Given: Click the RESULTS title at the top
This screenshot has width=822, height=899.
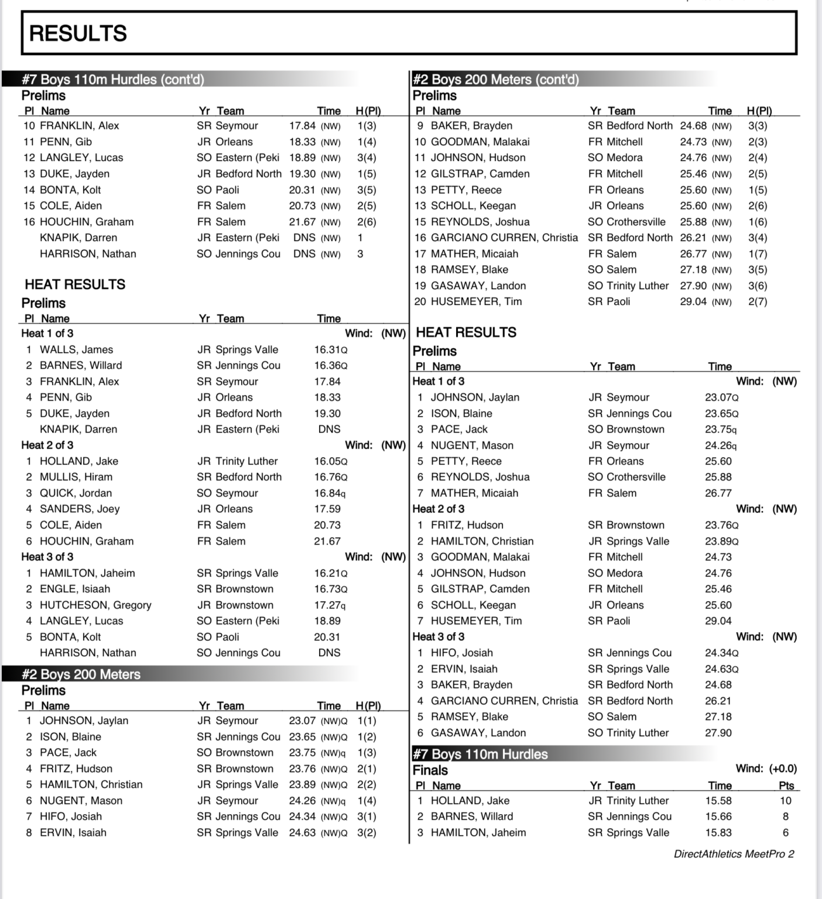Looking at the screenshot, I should click(x=78, y=33).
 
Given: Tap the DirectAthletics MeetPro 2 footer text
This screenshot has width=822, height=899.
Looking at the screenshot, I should click(x=734, y=854).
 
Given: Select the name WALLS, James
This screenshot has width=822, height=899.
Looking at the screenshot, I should click(x=76, y=349).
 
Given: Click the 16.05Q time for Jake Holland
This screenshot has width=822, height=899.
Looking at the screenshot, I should click(x=330, y=461).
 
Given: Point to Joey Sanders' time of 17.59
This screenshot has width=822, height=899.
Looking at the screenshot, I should click(x=327, y=509).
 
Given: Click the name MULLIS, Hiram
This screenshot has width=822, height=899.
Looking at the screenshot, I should click(x=76, y=477).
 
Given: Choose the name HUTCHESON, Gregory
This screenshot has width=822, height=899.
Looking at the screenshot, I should click(x=95, y=605).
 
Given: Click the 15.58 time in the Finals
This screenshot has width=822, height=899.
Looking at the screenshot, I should click(x=718, y=801).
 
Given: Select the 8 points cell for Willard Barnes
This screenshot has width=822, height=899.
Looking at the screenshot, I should click(x=785, y=816).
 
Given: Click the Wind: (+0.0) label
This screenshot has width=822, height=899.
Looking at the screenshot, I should click(x=766, y=768).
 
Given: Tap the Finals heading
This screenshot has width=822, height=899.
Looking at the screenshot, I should click(x=430, y=770).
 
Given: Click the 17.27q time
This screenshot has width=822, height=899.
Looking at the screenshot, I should click(x=330, y=605).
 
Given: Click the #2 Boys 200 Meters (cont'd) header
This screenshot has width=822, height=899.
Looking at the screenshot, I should click(x=495, y=80).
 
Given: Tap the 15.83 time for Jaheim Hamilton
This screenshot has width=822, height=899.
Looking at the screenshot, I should click(x=718, y=832).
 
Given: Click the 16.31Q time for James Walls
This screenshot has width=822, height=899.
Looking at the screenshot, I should click(x=330, y=349).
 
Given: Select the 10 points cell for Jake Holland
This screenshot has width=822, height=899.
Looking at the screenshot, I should click(x=785, y=801).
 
